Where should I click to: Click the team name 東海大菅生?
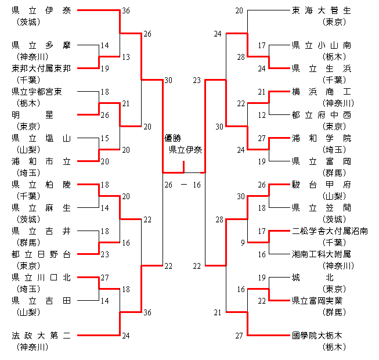pyautogui.click(x=320, y=10)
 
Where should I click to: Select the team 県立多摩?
pyautogui.click(x=41, y=45)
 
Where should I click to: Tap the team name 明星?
pyautogui.click(x=41, y=115)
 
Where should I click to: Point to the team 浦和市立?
pyautogui.click(x=41, y=161)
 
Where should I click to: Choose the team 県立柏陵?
pyautogui.click(x=41, y=185)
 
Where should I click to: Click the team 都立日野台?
pyautogui.click(x=41, y=254)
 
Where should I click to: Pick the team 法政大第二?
pyautogui.click(x=41, y=336)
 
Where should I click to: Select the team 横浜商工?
pyautogui.click(x=320, y=92)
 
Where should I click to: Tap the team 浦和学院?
pyautogui.click(x=320, y=138)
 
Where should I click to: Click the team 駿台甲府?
pyautogui.click(x=320, y=185)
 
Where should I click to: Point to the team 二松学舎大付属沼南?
pyautogui.click(x=329, y=231)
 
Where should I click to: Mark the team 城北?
pyautogui.click(x=320, y=278)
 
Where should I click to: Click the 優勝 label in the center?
pyautogui.click(x=173, y=138)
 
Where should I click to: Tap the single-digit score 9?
pyautogui.click(x=241, y=243)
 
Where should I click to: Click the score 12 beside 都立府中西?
pyautogui.click(x=262, y=115)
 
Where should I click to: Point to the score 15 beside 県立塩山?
pyautogui.click(x=104, y=138)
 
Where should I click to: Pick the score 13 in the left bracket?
pyautogui.click(x=126, y=57)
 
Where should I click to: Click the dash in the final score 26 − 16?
pyautogui.click(x=183, y=185)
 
